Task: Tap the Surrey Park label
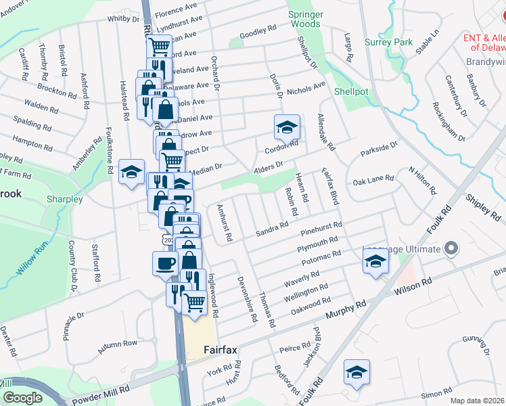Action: [x=388, y=42]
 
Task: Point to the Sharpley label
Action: [x=64, y=200]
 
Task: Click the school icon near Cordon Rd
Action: [x=287, y=126]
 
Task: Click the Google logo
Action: [x=22, y=398]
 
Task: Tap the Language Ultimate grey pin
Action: [x=450, y=250]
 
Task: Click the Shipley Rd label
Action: [x=483, y=207]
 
